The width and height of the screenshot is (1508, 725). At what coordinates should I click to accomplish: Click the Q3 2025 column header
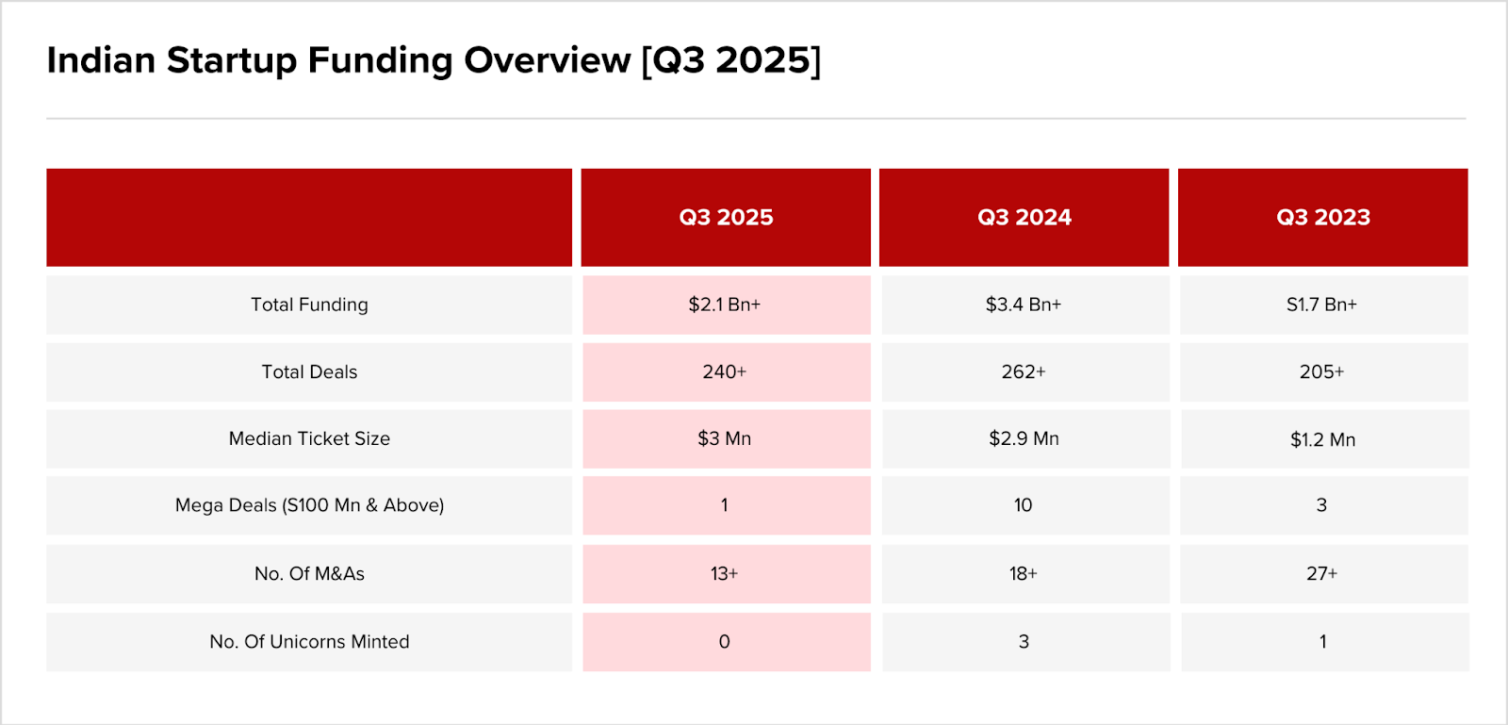(x=726, y=217)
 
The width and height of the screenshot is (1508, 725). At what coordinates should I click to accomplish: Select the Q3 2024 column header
(x=1024, y=217)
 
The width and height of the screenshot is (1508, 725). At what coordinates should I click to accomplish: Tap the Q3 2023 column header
(x=1323, y=217)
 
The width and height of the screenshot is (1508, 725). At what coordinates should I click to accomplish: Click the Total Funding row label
(x=309, y=305)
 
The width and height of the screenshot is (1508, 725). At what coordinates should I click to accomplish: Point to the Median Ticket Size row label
(x=309, y=438)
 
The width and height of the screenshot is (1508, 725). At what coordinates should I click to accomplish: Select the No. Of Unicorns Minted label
(x=309, y=642)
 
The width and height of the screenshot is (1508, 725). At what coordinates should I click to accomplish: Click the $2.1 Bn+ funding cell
(x=725, y=305)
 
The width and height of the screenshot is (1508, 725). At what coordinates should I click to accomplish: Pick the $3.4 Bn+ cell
(x=1024, y=305)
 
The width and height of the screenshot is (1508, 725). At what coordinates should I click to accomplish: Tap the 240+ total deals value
(x=725, y=371)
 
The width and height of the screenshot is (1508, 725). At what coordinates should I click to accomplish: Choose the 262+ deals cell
(x=1024, y=371)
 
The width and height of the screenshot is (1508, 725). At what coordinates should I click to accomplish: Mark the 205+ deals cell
(x=1322, y=371)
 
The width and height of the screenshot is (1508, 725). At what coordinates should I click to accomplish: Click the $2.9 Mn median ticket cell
(x=1024, y=438)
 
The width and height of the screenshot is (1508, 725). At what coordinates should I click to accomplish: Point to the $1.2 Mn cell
(x=1322, y=439)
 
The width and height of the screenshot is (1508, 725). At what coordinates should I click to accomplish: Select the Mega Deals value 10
(x=1024, y=505)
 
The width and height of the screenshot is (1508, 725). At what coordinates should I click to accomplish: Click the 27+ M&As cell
(x=1322, y=573)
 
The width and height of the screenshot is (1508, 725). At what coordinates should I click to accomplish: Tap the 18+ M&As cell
(x=1024, y=573)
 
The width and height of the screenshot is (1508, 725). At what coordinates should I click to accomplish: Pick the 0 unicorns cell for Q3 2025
(x=725, y=642)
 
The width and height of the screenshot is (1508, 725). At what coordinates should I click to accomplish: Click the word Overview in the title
(x=547, y=60)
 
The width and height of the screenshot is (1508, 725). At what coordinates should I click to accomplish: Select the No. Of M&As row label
(x=309, y=573)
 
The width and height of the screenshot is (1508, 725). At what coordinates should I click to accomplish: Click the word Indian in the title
(x=101, y=60)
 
